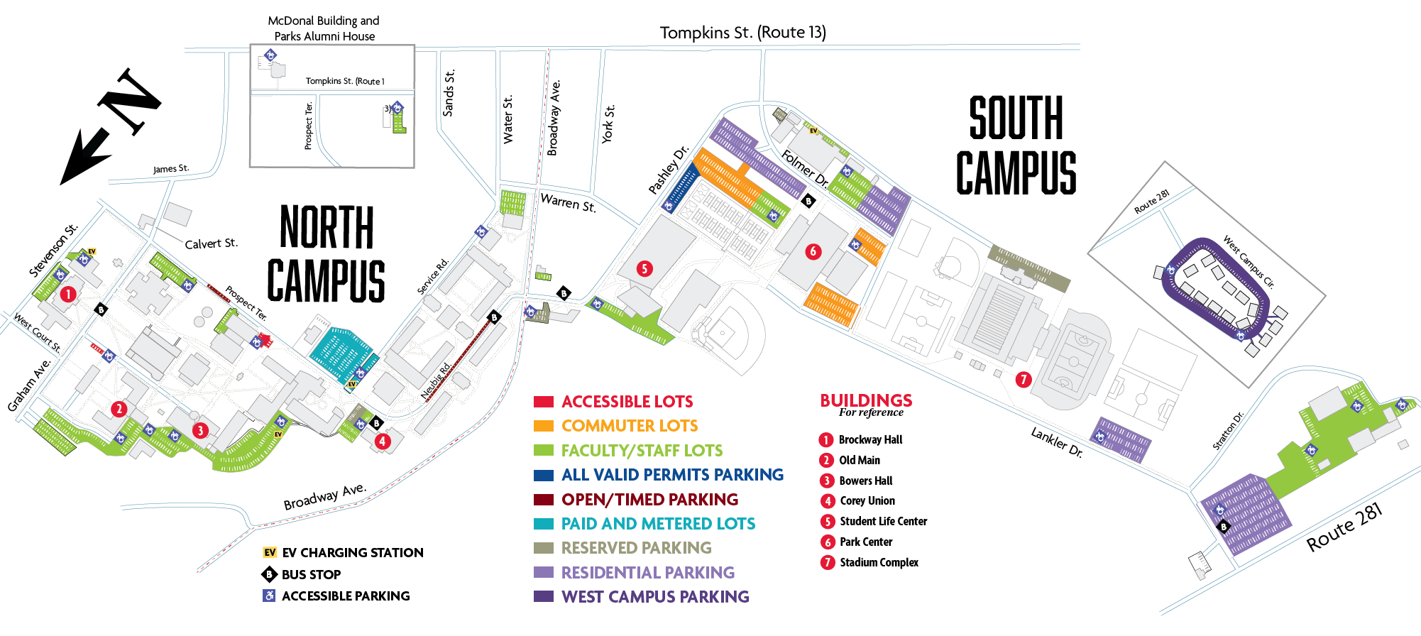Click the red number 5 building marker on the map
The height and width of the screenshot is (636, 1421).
(644, 268)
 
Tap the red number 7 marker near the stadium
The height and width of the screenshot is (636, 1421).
(1023, 379)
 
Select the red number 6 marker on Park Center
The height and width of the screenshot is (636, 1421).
(813, 251)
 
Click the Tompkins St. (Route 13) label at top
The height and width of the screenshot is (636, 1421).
(742, 33)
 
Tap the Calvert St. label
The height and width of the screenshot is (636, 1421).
(211, 243)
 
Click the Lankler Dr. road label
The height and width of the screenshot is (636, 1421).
(1056, 442)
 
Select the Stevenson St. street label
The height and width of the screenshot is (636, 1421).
(53, 251)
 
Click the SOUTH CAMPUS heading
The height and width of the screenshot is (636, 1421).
(1016, 146)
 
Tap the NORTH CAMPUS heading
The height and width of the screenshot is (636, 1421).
(327, 253)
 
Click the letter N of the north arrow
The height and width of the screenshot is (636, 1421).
(130, 101)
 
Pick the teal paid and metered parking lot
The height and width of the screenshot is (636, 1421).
(341, 353)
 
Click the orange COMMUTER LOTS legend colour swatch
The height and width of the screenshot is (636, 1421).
(543, 426)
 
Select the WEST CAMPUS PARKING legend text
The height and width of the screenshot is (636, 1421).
(654, 597)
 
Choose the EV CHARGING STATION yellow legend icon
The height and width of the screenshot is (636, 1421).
(270, 552)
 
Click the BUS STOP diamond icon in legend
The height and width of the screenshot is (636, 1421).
(269, 574)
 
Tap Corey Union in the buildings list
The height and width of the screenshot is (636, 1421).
(867, 501)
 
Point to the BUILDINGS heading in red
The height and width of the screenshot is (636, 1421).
(866, 400)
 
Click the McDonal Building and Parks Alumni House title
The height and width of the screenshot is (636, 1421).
(324, 28)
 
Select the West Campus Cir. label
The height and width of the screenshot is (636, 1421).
(1248, 262)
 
